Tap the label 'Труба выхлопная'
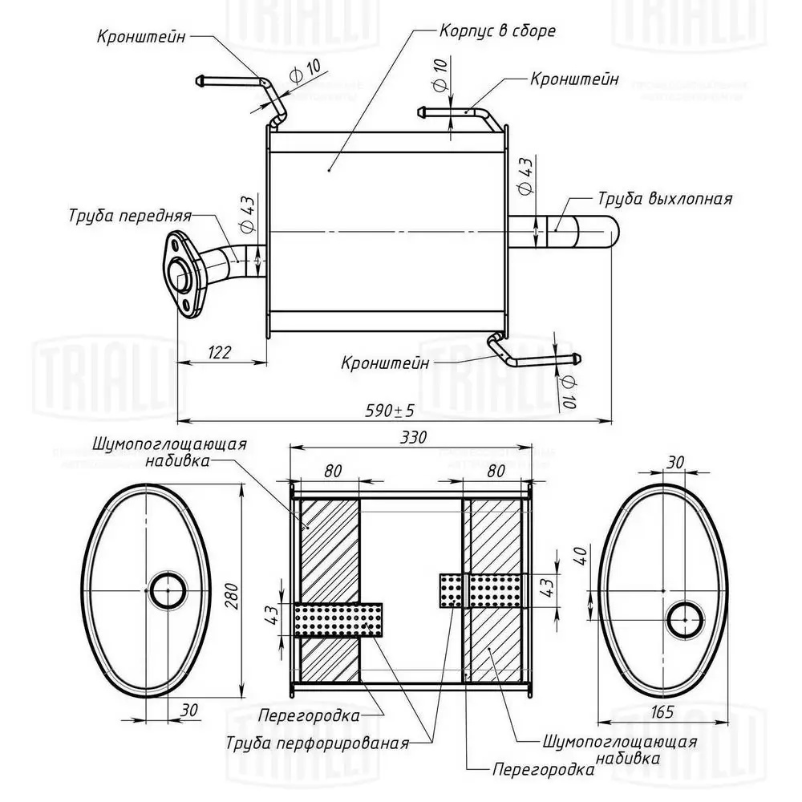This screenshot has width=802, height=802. pos(665,198)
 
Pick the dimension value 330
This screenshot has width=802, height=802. pos(410,438)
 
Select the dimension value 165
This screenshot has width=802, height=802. pos(662,712)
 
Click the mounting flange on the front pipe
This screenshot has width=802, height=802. pos(182,273)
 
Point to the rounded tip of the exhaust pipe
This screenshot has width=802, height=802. pos(610,233)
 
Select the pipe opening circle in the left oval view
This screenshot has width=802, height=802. pos(168,590)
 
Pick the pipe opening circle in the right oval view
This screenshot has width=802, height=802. pos(686,618)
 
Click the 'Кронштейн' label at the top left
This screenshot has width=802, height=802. pos(142,36)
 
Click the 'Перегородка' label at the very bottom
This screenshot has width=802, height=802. pos(543,769)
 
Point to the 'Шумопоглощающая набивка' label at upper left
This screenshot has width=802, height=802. pos(168,452)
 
